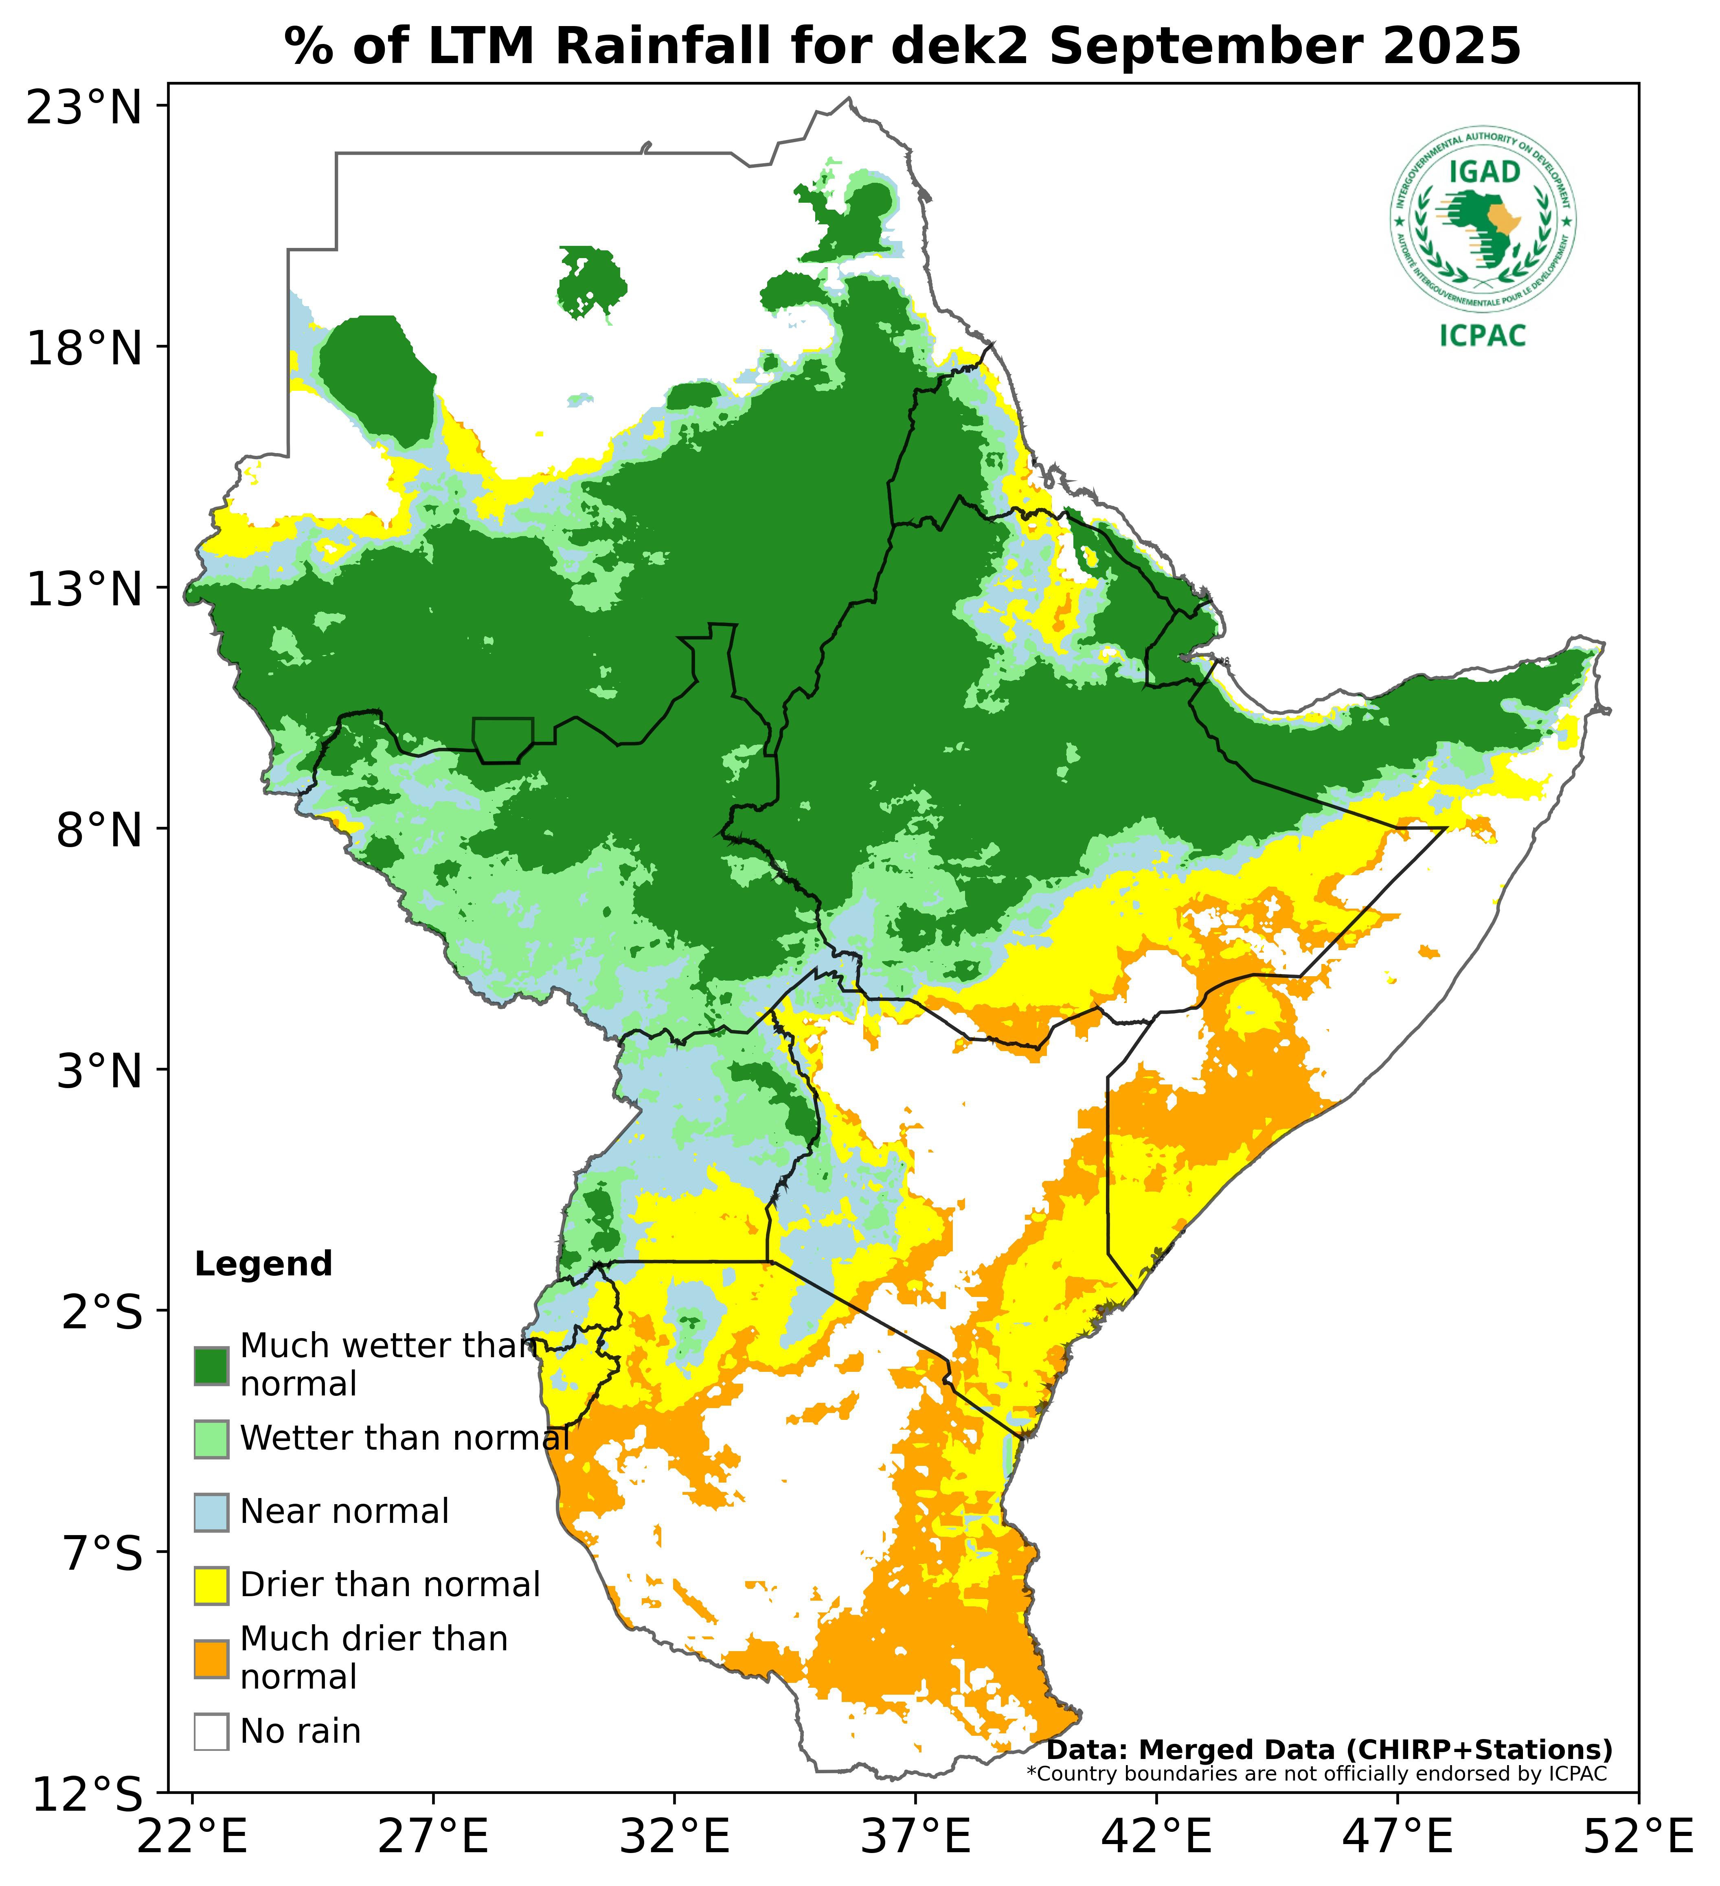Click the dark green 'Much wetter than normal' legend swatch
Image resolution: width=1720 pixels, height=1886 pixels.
[x=211, y=1366]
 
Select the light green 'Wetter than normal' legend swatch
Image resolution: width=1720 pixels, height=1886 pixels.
[x=211, y=1439]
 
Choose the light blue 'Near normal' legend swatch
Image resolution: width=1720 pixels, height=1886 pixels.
[x=211, y=1513]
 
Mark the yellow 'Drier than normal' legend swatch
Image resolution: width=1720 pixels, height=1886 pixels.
[x=211, y=1586]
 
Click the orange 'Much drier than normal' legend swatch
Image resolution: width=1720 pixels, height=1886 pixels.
[x=211, y=1659]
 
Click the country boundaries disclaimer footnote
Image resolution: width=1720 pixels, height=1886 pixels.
[x=1316, y=1774]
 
